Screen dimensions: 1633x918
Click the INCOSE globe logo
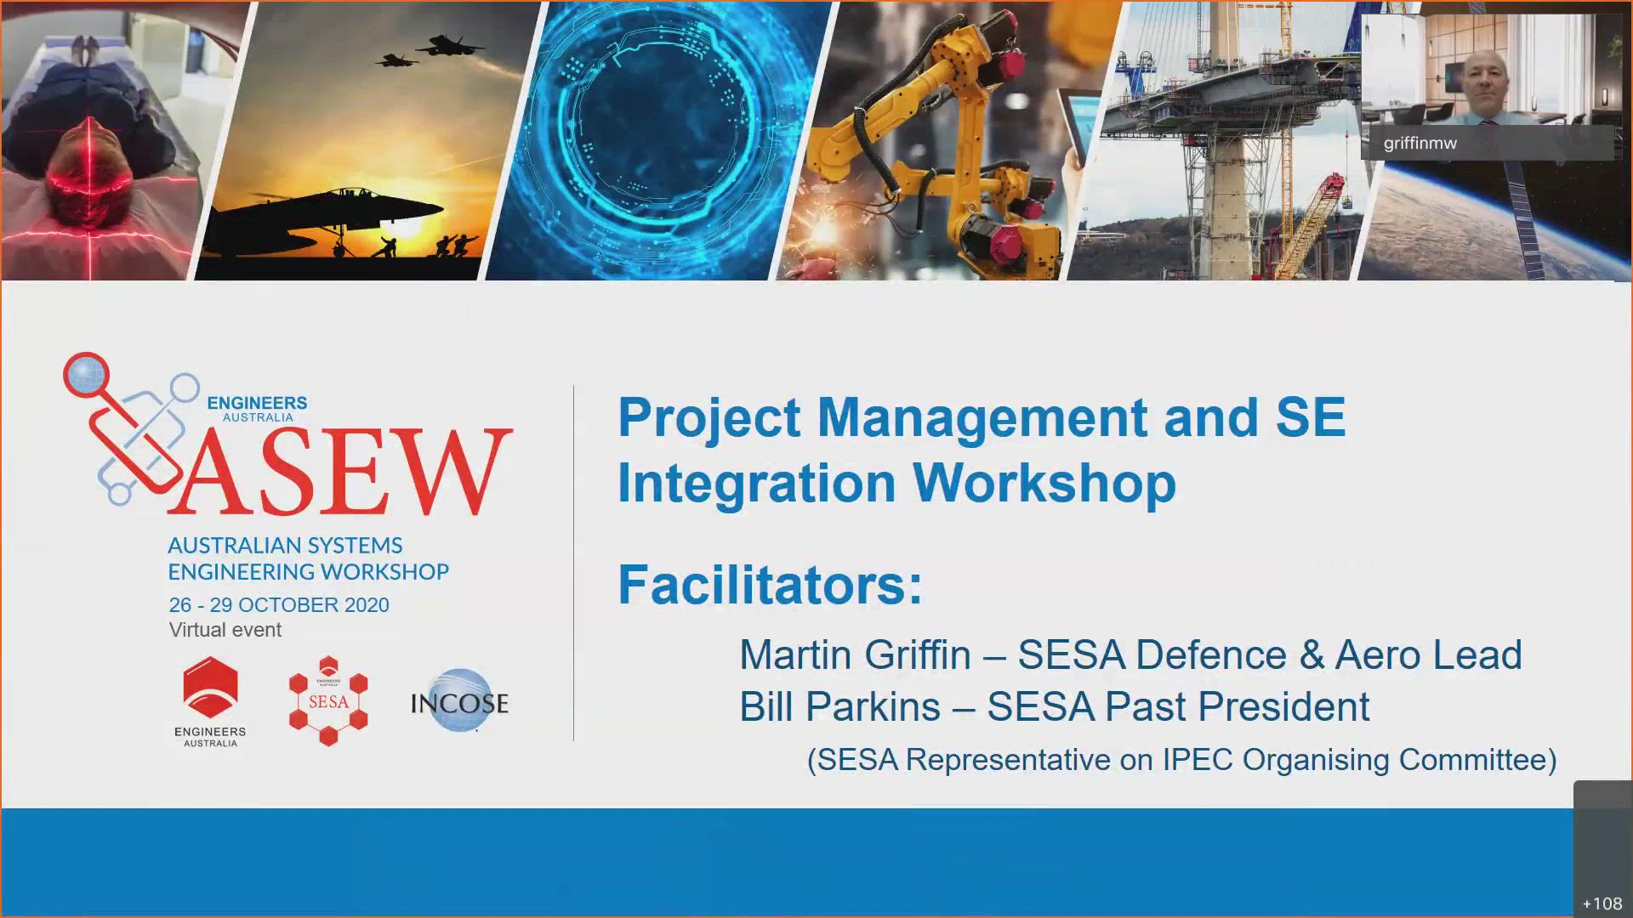click(x=459, y=700)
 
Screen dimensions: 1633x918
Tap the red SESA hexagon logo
click(x=328, y=701)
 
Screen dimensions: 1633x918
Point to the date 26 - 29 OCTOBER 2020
click(x=279, y=605)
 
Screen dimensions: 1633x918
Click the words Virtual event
click(x=225, y=630)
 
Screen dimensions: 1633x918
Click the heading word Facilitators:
click(x=771, y=585)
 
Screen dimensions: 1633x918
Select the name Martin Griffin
click(x=855, y=655)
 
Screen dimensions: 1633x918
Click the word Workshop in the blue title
click(x=1045, y=483)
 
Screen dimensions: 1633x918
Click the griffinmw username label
click(x=1420, y=144)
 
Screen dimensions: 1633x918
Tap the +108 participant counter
click(x=1602, y=904)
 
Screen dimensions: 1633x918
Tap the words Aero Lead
click(x=1429, y=655)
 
